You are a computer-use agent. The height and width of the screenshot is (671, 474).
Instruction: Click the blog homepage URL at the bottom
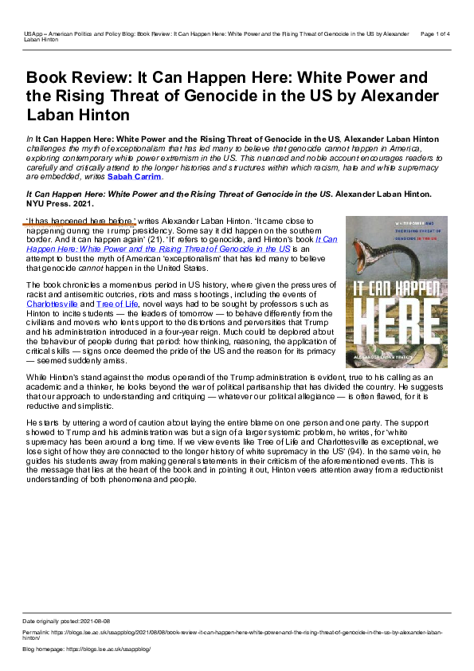click(x=111, y=649)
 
